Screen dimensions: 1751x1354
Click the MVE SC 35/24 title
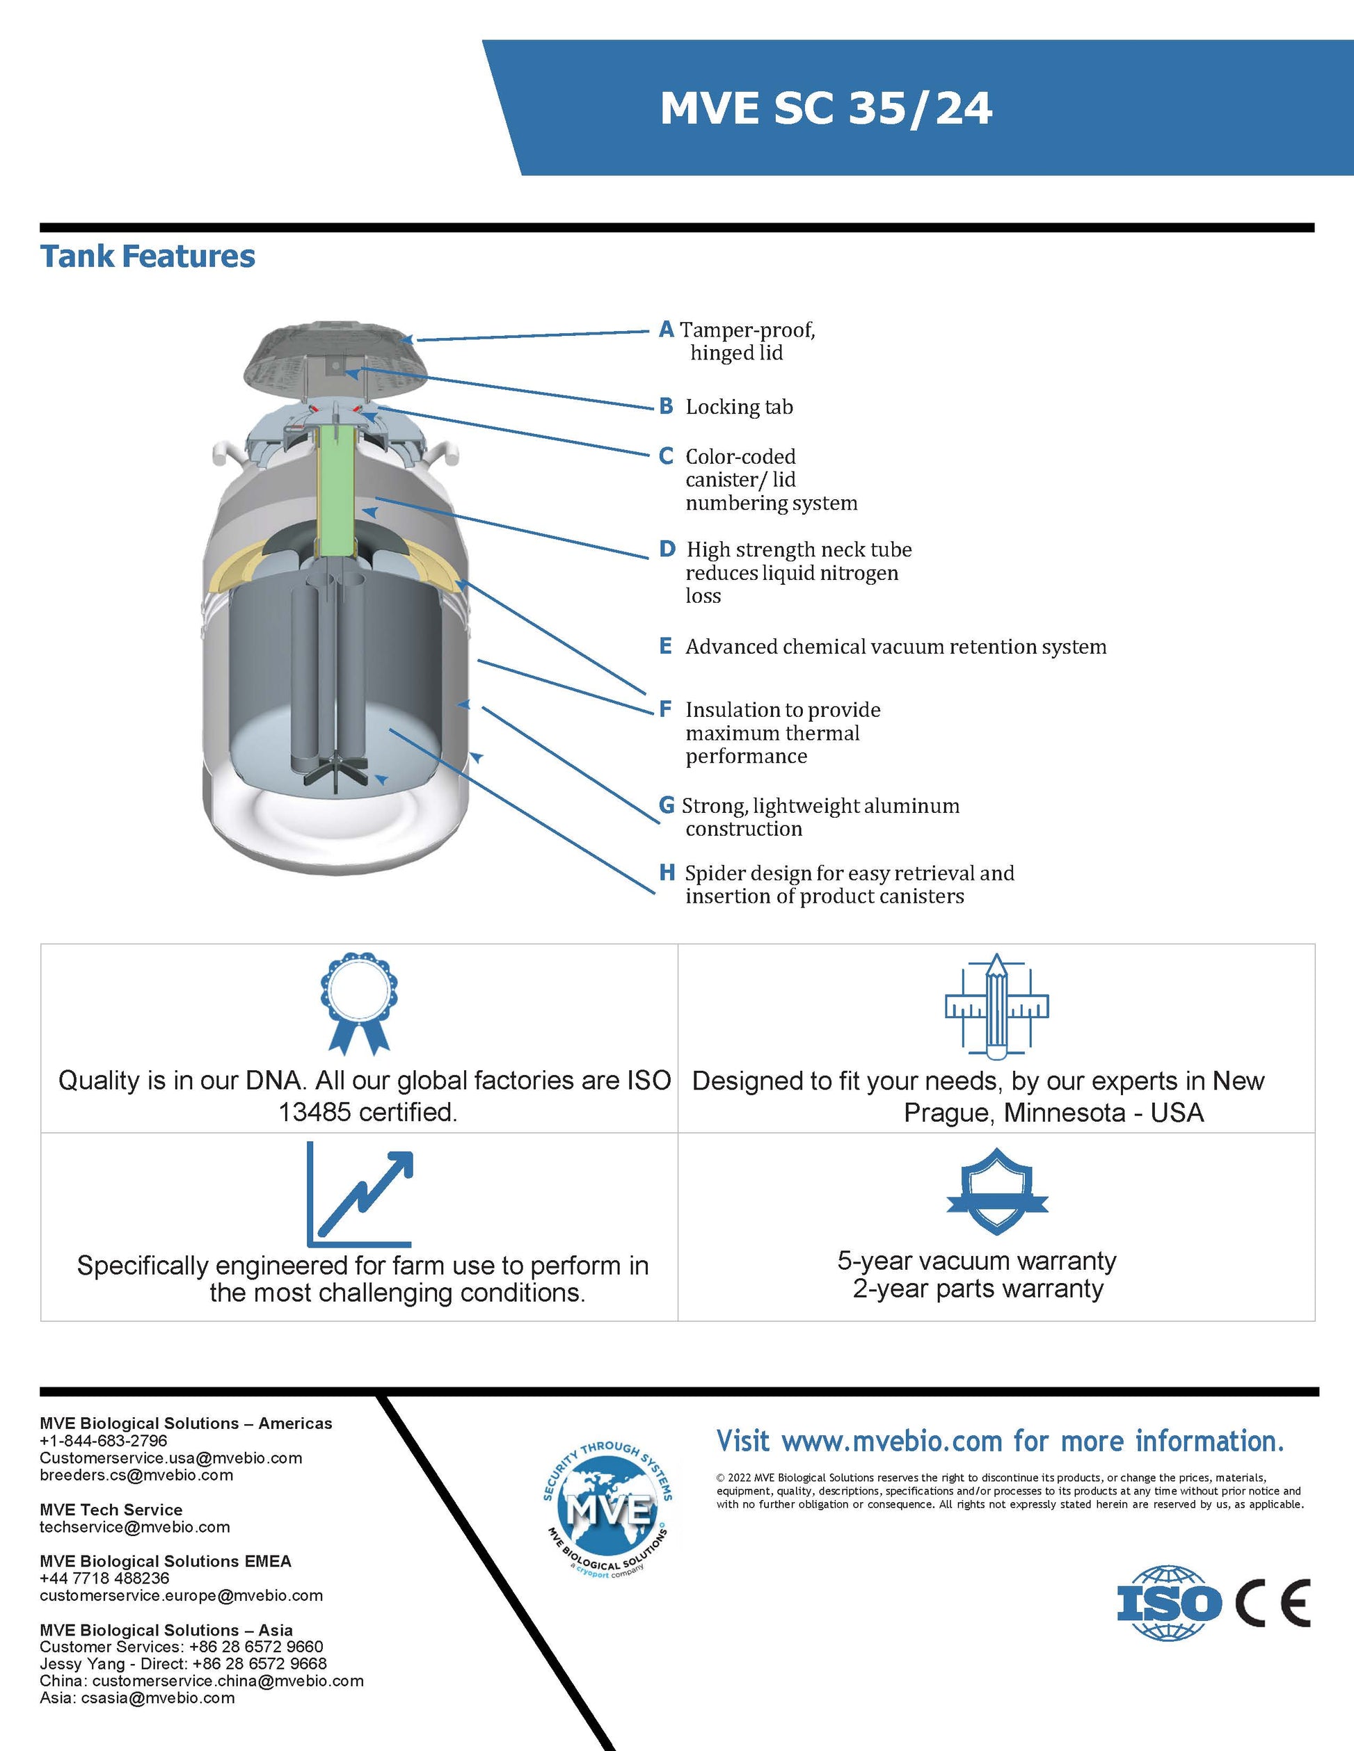pyautogui.click(x=826, y=108)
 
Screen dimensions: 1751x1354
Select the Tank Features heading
pyautogui.click(x=148, y=257)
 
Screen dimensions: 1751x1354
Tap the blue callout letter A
pyautogui.click(x=666, y=330)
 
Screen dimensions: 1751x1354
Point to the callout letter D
pyautogui.click(x=667, y=549)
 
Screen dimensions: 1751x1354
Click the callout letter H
pyautogui.click(x=667, y=873)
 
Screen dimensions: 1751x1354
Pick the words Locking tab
pyautogui.click(x=739, y=408)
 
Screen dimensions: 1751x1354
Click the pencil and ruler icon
pyautogui.click(x=996, y=1005)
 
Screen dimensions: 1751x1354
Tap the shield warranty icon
pyautogui.click(x=997, y=1192)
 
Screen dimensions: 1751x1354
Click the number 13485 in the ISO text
pyautogui.click(x=314, y=1113)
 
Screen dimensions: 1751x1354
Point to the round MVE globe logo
pyautogui.click(x=608, y=1512)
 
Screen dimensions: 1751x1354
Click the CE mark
pyautogui.click(x=1273, y=1604)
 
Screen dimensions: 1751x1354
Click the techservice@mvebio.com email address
pyautogui.click(x=135, y=1527)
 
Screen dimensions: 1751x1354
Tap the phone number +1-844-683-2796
pyautogui.click(x=104, y=1441)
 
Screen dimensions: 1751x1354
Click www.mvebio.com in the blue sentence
pyautogui.click(x=892, y=1442)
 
